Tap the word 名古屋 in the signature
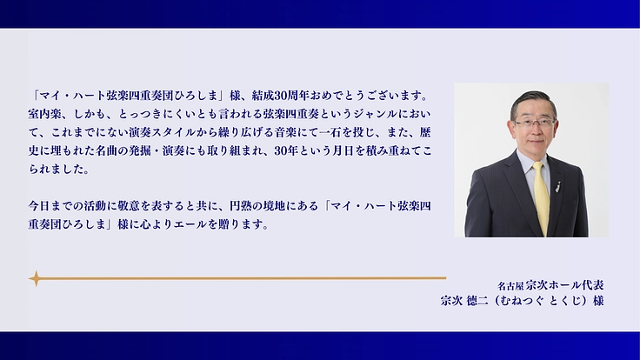click(x=510, y=284)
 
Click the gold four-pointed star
click(x=36, y=279)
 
